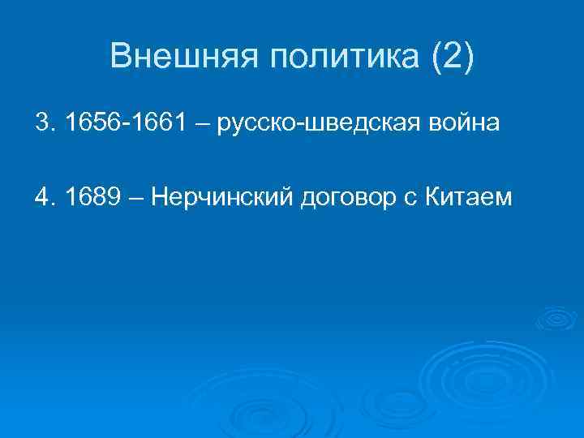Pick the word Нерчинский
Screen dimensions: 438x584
(225, 198)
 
